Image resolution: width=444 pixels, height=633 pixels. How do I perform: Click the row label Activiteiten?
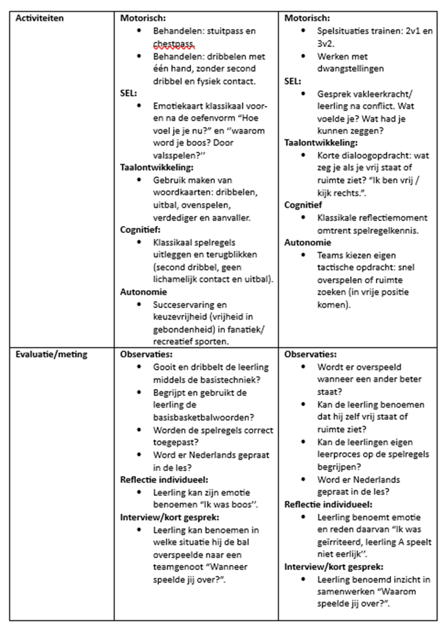pos(39,18)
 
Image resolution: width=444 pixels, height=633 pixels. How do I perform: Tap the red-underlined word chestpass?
pos(174,44)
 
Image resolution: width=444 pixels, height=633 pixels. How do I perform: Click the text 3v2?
pos(328,44)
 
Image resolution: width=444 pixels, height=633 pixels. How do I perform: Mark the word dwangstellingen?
pos(350,69)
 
